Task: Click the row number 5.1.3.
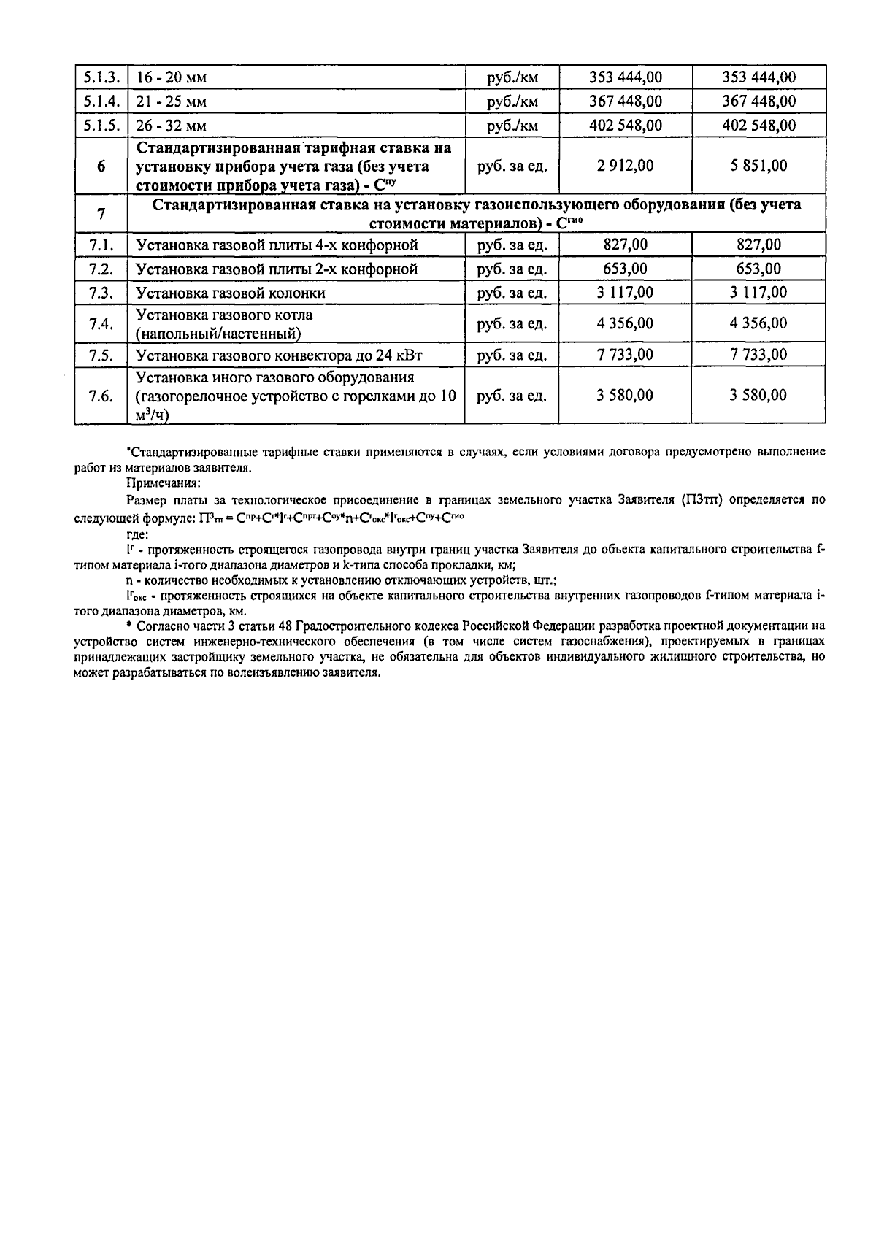tap(101, 77)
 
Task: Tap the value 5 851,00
tap(758, 166)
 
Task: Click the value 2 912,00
tap(625, 166)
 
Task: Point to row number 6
tap(101, 166)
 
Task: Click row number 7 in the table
tap(101, 214)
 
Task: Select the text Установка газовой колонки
tap(231, 293)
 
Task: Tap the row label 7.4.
tap(101, 324)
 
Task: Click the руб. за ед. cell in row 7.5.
tap(512, 355)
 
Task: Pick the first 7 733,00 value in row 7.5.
tap(625, 355)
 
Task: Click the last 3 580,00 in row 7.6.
tap(758, 396)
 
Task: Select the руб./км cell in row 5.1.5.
tap(512, 126)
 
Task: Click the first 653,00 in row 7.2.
tap(625, 269)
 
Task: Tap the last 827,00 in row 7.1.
tap(758, 245)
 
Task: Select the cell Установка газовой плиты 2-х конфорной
tap(277, 269)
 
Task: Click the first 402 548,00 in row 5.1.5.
tap(625, 126)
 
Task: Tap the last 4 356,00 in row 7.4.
tap(758, 323)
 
